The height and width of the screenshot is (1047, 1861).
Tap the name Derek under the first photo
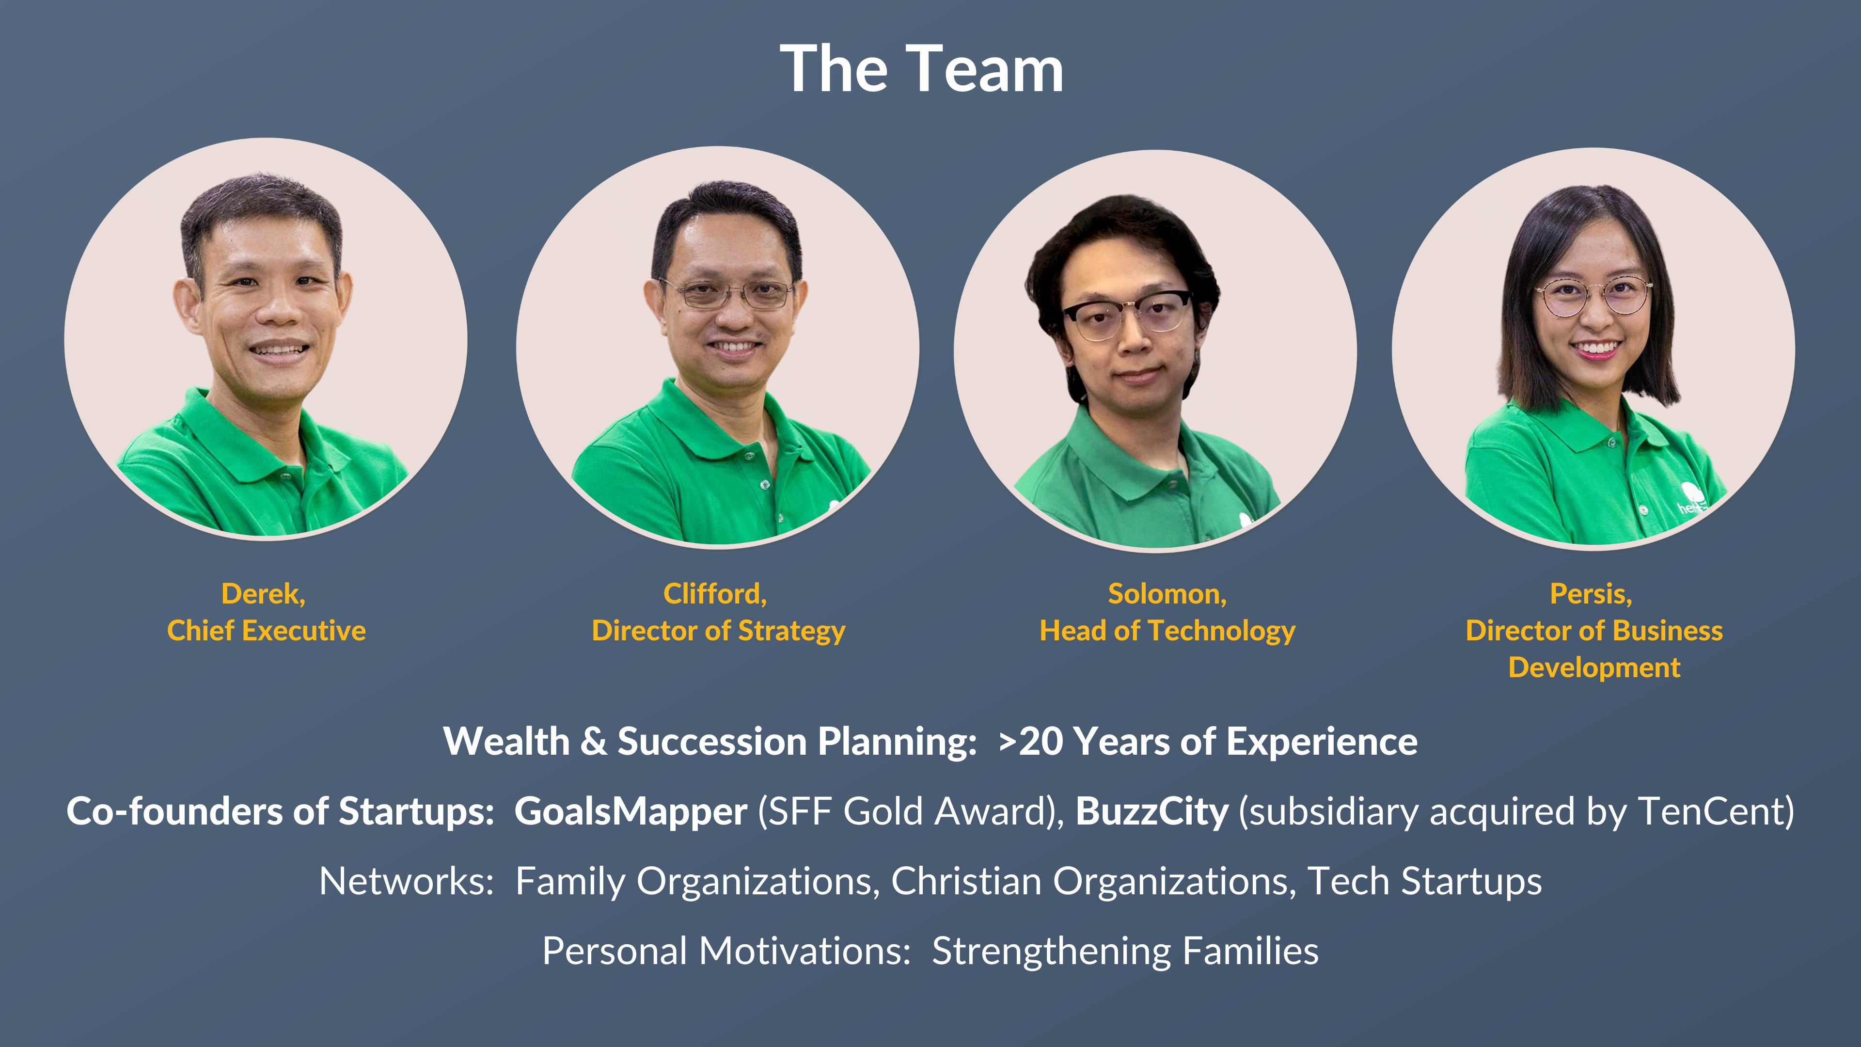[x=261, y=594]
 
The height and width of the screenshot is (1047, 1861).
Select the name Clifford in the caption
[x=712, y=594]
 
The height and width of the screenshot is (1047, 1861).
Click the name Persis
[x=1588, y=594]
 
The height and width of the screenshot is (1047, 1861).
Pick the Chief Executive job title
[x=267, y=631]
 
